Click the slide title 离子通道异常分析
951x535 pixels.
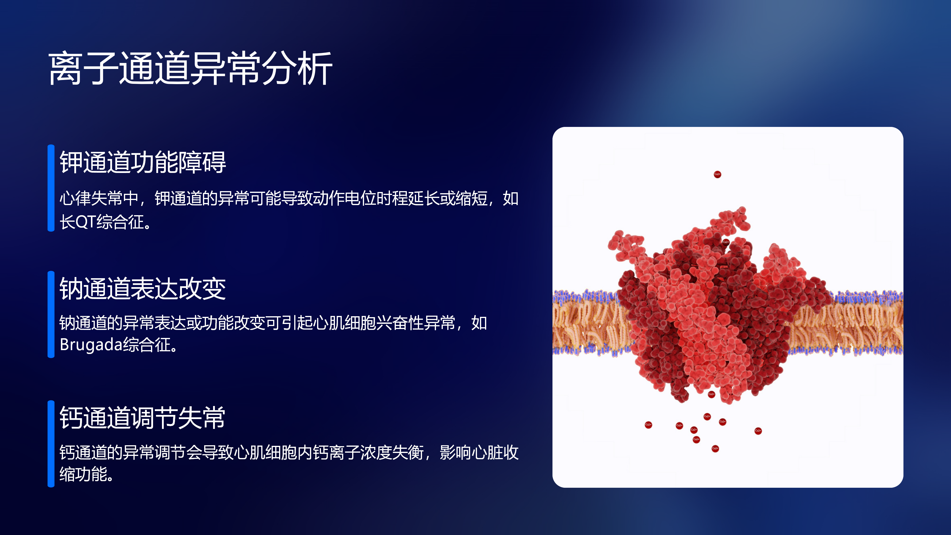pos(190,68)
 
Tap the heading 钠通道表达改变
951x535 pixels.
pos(143,288)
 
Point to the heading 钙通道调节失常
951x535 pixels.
pos(143,418)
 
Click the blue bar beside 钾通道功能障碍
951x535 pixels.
pos(51,188)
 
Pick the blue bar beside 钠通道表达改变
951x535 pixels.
pos(51,314)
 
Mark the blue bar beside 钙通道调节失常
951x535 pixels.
pos(51,443)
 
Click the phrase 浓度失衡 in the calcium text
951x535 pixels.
pos(392,452)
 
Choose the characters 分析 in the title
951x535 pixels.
pos(297,68)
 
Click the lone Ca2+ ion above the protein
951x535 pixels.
pos(717,174)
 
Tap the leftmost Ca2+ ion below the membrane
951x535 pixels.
pos(648,425)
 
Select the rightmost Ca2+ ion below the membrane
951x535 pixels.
pos(758,431)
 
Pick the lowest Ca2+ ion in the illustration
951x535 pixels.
pos(715,449)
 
